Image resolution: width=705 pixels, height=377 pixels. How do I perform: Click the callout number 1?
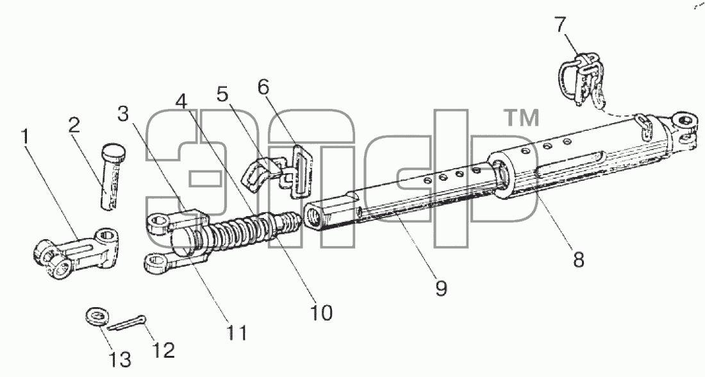(26, 136)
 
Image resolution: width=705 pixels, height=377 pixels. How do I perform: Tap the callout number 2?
(74, 124)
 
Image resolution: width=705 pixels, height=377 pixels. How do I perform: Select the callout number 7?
(560, 25)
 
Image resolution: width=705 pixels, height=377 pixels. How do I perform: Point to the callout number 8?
(578, 260)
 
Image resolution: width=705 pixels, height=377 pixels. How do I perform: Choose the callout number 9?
(442, 288)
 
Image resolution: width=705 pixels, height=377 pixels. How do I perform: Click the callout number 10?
(322, 312)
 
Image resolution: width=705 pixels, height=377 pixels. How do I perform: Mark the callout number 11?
(237, 333)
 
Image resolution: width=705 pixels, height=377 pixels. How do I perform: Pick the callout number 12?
(163, 350)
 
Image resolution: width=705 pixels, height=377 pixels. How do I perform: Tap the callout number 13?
(120, 360)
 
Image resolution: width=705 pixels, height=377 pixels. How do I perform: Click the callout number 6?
(264, 87)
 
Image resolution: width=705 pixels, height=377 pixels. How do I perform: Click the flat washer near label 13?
(95, 316)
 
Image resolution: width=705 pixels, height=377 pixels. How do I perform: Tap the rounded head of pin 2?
(114, 149)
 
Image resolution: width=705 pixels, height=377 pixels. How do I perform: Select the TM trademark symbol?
(520, 117)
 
